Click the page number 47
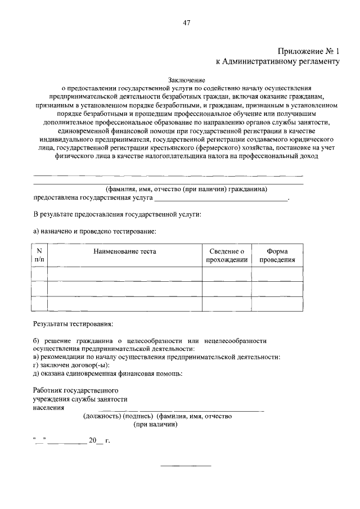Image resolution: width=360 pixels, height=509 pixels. pos(186,22)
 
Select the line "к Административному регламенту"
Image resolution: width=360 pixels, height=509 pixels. pos(278,62)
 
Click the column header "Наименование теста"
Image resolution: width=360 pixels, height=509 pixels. pos(125,251)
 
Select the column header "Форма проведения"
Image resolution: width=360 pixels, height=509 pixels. pos(277,255)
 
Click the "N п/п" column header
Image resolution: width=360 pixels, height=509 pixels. pos(39,255)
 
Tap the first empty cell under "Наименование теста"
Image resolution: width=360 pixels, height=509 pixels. pos(125,274)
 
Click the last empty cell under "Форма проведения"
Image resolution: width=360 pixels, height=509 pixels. pos(277,303)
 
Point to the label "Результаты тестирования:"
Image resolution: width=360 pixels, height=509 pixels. pos(73,324)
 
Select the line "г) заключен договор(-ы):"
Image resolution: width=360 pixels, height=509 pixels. pos(71,365)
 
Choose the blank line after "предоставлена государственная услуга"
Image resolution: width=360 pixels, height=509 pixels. pos(221,199)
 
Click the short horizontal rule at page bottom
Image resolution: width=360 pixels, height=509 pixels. pos(186,466)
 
